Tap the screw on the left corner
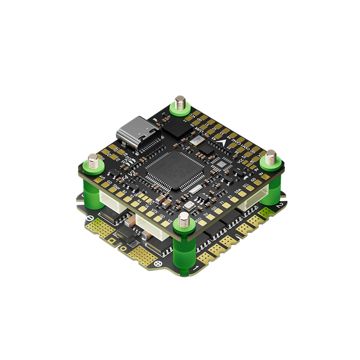click(x=93, y=162)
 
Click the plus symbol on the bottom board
click(x=157, y=264)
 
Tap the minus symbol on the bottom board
click(x=90, y=220)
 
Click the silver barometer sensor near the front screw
click(x=187, y=205)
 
